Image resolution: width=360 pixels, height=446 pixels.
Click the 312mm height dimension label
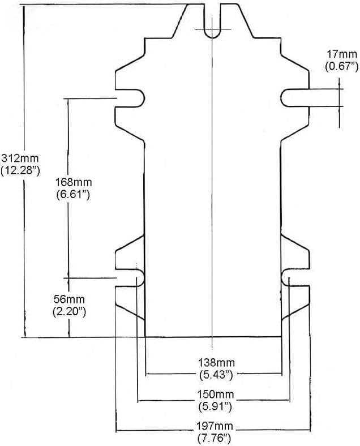tap(20, 158)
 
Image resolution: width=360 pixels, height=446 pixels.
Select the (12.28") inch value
tap(20, 171)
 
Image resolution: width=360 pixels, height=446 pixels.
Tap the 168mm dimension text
tap(74, 182)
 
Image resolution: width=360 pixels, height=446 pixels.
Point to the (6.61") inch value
tap(74, 194)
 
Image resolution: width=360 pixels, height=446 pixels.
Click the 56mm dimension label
tap(69, 299)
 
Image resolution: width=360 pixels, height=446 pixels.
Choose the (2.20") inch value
tap(69, 312)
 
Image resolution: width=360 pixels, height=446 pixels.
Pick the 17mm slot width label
tap(341, 54)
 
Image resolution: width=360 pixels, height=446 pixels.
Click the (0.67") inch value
tap(341, 66)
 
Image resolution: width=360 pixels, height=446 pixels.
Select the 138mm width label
tap(216, 363)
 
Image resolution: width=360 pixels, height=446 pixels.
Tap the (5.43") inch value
tap(216, 375)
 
